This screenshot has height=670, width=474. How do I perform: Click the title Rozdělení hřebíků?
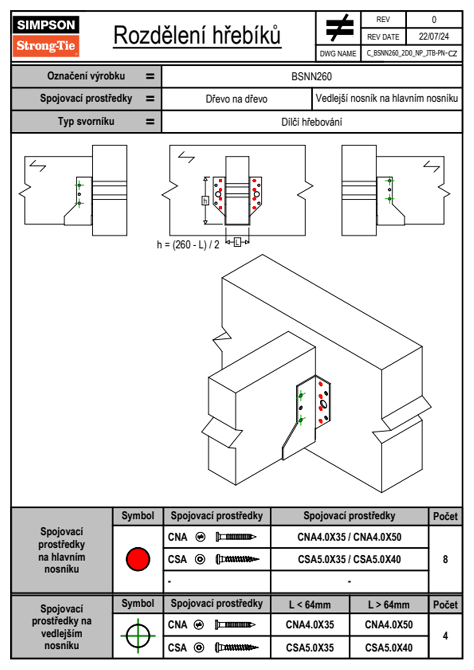(x=197, y=36)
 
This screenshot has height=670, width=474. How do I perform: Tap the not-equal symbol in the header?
(x=339, y=28)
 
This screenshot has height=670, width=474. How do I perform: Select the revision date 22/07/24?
(x=433, y=37)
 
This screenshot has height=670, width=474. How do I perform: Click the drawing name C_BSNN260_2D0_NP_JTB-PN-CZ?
(x=411, y=53)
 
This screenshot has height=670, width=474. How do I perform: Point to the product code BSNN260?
(x=311, y=76)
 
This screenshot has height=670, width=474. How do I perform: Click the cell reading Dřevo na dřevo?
(x=236, y=99)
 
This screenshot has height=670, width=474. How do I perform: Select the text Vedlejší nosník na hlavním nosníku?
(x=387, y=98)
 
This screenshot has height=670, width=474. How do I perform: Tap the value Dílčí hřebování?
(x=311, y=122)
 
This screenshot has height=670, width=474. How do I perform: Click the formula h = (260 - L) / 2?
(x=188, y=245)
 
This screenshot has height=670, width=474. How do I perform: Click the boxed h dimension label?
(x=205, y=200)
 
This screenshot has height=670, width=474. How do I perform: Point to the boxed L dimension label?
(x=237, y=242)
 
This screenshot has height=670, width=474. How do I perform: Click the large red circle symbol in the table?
(x=138, y=559)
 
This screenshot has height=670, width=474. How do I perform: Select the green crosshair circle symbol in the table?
(x=138, y=636)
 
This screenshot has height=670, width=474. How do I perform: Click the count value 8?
(x=445, y=559)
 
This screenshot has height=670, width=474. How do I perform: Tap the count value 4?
(x=445, y=636)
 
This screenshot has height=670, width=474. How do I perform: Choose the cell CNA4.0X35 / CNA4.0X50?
(x=349, y=537)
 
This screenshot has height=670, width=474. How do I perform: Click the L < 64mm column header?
(x=310, y=605)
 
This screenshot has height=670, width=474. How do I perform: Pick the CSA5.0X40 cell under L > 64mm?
(x=389, y=648)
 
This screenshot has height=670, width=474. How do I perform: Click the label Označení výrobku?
(x=86, y=76)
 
